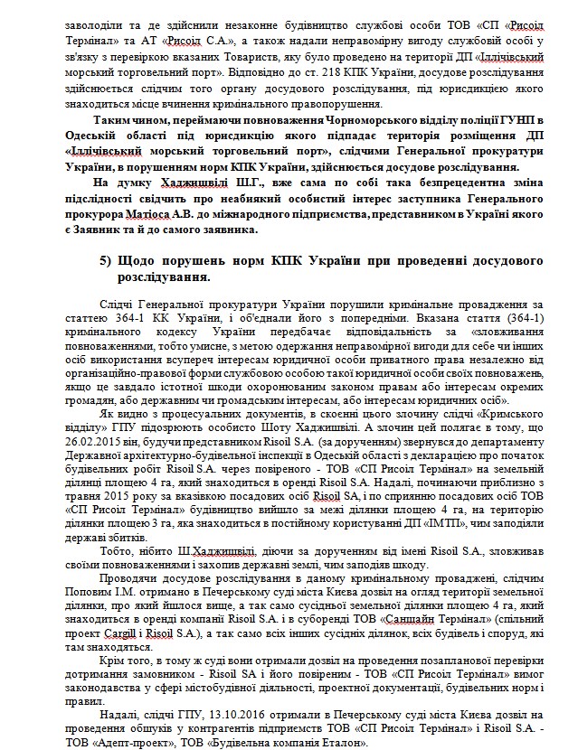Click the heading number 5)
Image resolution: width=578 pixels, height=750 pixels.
(109, 261)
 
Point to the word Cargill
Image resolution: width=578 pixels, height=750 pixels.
(139, 609)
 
